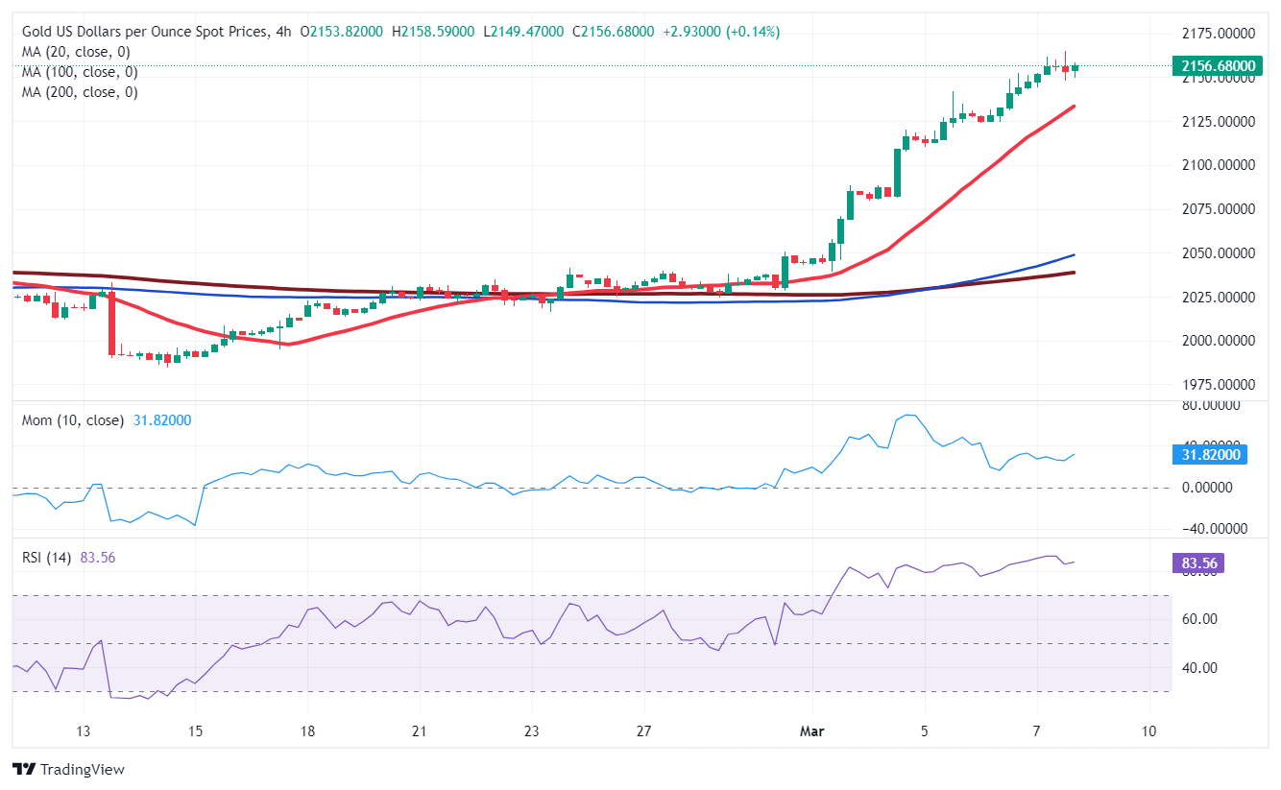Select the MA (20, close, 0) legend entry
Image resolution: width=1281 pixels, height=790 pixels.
point(76,52)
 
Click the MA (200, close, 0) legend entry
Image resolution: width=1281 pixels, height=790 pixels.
point(80,92)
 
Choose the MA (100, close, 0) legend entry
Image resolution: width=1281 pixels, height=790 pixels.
point(80,72)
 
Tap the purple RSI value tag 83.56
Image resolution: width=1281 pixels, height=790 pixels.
point(1197,563)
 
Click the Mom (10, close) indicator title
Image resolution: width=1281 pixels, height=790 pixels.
point(73,420)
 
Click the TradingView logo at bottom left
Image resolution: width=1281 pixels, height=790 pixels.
point(68,769)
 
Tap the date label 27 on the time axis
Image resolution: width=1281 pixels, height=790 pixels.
point(643,731)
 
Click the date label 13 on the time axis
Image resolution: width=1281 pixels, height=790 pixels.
point(84,731)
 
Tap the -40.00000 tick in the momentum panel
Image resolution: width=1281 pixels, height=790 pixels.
point(1212,529)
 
